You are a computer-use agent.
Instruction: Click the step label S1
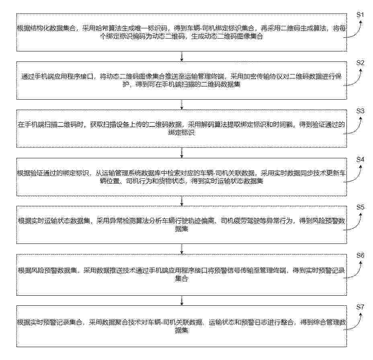[360, 15]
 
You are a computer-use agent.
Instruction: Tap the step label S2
[360, 63]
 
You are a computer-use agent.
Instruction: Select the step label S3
[360, 111]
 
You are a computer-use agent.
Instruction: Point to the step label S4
[360, 160]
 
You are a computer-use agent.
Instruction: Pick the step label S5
[360, 207]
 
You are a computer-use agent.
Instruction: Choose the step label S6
[360, 256]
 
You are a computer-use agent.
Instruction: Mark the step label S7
[360, 307]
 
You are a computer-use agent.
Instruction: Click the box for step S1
[181, 33]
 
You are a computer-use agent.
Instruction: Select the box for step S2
[181, 80]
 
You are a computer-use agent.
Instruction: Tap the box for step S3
[181, 129]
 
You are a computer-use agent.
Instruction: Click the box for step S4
[181, 177]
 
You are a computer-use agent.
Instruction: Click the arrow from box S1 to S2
[182, 56]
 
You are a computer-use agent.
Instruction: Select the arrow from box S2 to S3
[182, 104]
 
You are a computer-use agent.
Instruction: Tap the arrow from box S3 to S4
[182, 153]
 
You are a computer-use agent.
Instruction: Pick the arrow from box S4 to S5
[182, 201]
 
